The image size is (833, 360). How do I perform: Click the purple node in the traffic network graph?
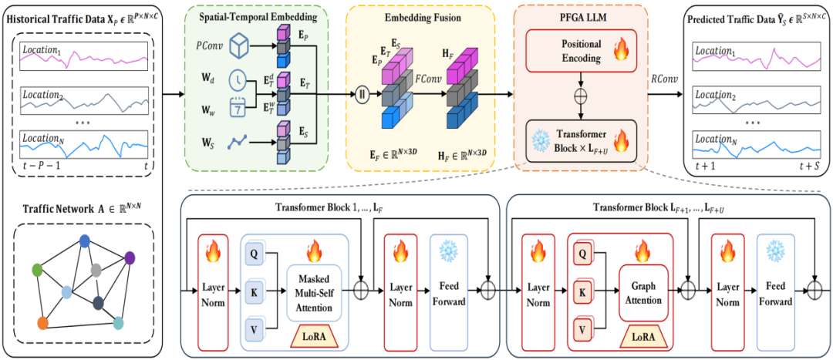(130, 258)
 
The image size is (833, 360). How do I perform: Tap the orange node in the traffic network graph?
(43, 322)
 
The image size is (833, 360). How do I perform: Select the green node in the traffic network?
(37, 270)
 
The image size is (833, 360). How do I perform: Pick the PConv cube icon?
(239, 46)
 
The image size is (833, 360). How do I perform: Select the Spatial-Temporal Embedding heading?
(258, 17)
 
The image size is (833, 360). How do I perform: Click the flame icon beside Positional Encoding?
(620, 52)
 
